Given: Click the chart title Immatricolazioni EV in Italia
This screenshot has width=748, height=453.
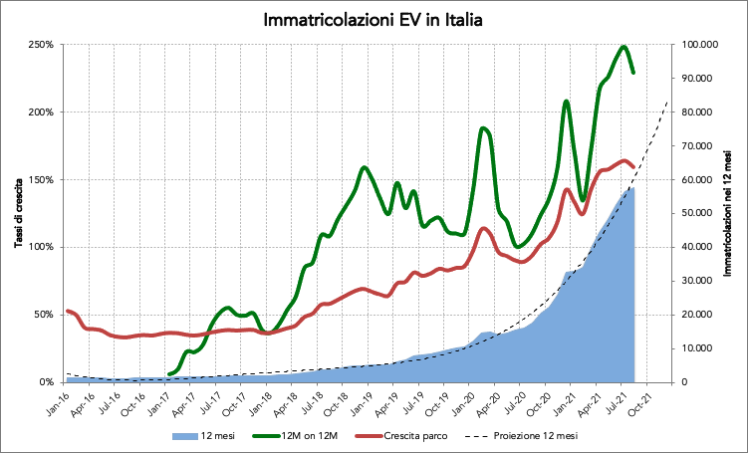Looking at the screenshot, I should (x=374, y=21).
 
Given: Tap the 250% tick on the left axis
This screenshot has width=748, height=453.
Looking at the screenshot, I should (x=42, y=45).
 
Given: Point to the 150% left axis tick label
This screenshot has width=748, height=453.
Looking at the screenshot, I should (x=42, y=180).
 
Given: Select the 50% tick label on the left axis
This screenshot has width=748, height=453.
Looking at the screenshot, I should (x=45, y=315).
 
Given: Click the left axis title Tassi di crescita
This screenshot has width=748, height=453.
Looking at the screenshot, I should (x=19, y=213).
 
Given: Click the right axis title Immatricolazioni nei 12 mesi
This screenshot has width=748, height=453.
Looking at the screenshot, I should (x=733, y=213).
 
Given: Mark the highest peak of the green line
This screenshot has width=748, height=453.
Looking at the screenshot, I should (x=623, y=47).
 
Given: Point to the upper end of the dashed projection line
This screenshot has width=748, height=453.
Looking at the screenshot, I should (x=667, y=102).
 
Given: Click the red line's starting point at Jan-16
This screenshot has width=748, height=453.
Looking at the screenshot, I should (x=67, y=312).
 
